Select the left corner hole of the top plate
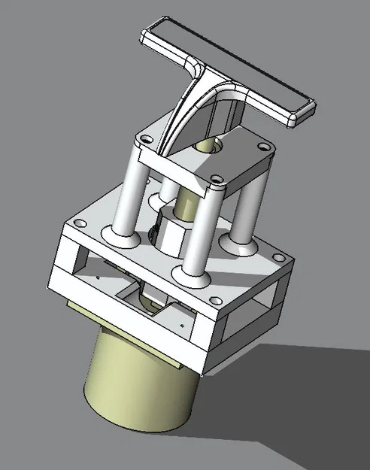click(x=141, y=138)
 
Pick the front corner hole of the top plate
click(x=217, y=180)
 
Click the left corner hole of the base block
click(x=78, y=224)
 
